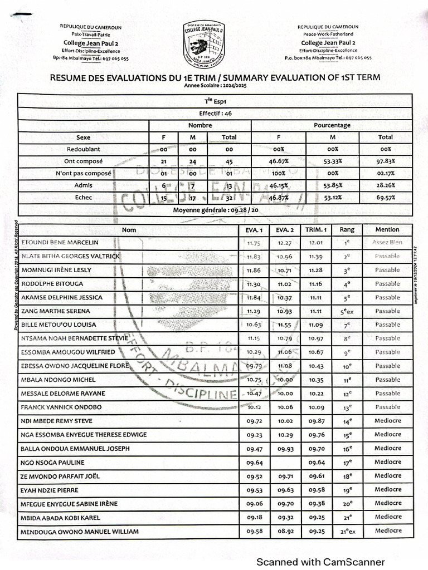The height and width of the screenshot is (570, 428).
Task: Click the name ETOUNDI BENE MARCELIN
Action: pyautogui.click(x=60, y=243)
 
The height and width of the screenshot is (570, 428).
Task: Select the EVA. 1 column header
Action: pyautogui.click(x=254, y=229)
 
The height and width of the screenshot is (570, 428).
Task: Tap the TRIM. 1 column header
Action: pyautogui.click(x=316, y=229)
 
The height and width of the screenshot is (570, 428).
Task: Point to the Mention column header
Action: pyautogui.click(x=387, y=229)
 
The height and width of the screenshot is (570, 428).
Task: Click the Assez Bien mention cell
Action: pyautogui.click(x=387, y=243)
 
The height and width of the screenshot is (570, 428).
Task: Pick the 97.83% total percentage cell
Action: pyautogui.click(x=385, y=161)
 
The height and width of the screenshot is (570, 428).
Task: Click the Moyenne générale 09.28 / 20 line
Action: pyautogui.click(x=215, y=210)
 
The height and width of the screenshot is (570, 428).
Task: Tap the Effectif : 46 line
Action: pyautogui.click(x=215, y=114)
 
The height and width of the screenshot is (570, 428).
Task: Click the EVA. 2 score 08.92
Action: pyautogui.click(x=284, y=532)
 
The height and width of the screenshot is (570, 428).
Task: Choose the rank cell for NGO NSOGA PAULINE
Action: pyautogui.click(x=347, y=463)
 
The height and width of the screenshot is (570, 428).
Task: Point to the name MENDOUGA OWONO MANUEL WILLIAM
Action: pyautogui.click(x=80, y=532)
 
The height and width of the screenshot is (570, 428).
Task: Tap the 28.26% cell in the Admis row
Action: pyautogui.click(x=385, y=185)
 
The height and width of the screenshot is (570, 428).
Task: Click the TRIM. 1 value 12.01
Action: pyautogui.click(x=316, y=243)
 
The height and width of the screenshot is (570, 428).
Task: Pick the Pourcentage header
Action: pyautogui.click(x=332, y=125)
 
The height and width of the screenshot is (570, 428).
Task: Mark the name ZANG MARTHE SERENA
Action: pyautogui.click(x=55, y=311)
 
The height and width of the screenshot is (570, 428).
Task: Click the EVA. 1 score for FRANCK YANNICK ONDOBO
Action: pyautogui.click(x=254, y=407)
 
